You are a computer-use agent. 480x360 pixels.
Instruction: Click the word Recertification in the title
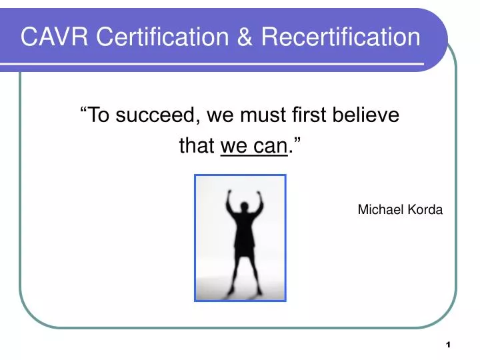[341, 37]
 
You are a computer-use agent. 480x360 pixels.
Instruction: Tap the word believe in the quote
[367, 116]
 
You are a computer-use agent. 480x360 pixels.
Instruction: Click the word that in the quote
[196, 145]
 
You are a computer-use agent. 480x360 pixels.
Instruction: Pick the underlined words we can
[253, 145]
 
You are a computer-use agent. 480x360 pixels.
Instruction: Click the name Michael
[382, 209]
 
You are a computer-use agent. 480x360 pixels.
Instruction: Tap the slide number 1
[449, 345]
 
